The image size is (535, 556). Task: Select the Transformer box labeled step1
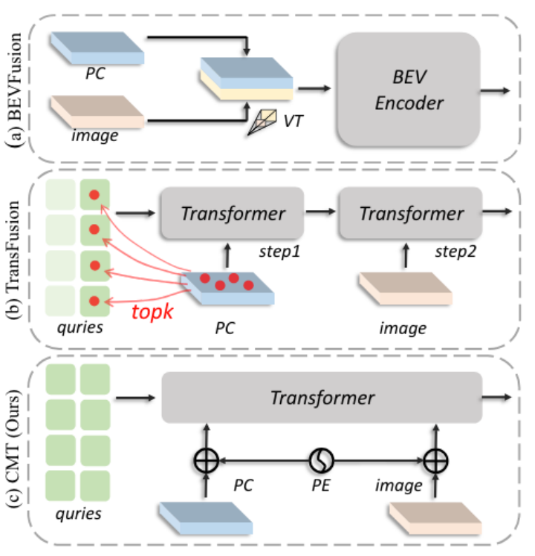click(x=231, y=213)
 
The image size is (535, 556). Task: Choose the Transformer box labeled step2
click(x=411, y=213)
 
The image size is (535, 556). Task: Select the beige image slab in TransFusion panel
click(x=405, y=289)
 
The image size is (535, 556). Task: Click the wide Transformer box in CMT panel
click(x=322, y=398)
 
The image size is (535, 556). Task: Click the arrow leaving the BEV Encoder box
click(x=495, y=90)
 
